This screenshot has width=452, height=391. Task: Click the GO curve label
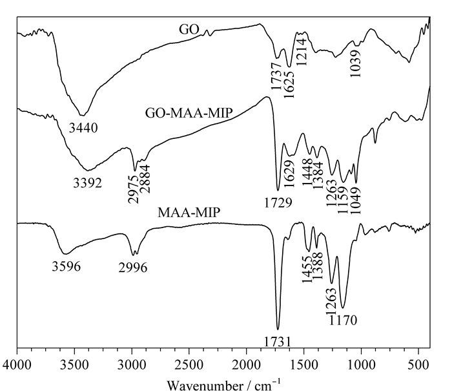(x=189, y=30)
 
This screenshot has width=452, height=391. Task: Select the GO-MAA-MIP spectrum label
(x=189, y=113)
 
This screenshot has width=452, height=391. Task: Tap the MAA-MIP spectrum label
(x=189, y=213)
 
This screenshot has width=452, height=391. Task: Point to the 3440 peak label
(x=83, y=128)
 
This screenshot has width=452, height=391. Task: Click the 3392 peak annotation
(x=87, y=183)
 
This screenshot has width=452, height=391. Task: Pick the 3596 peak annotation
(x=67, y=266)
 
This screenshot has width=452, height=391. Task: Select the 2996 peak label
(x=132, y=268)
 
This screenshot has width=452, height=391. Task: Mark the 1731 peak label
(x=277, y=343)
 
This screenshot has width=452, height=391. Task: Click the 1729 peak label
(x=278, y=203)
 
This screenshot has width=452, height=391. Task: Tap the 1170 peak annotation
(x=343, y=321)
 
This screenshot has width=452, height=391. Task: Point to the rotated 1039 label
(x=355, y=63)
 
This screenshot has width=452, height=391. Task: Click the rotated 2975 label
(x=133, y=189)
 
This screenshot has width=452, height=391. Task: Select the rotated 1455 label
(x=307, y=269)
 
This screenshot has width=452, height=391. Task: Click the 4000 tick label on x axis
(x=17, y=365)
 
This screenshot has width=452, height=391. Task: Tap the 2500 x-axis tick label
(x=189, y=365)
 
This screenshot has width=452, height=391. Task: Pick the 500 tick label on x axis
(x=418, y=365)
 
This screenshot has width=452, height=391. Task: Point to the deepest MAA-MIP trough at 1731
(x=278, y=329)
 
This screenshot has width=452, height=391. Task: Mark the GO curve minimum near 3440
(x=83, y=116)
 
